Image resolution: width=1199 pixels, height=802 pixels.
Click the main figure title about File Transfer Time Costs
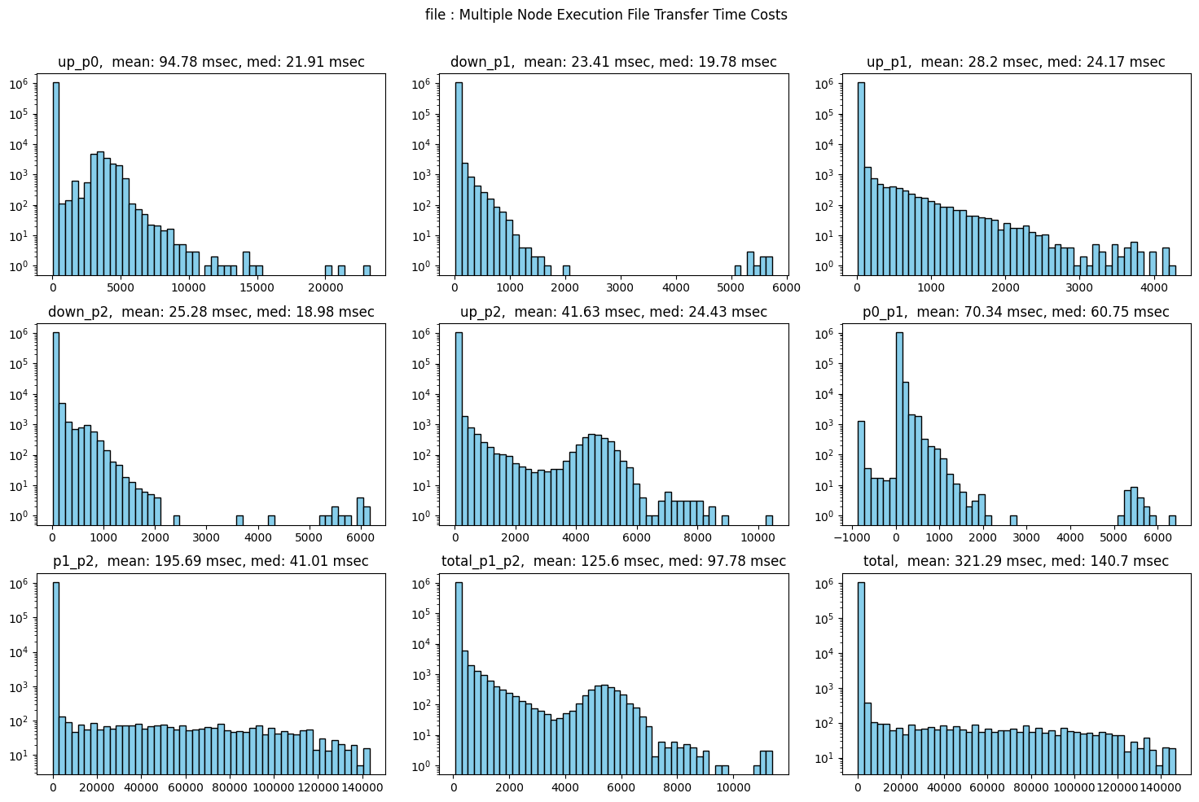point(606,15)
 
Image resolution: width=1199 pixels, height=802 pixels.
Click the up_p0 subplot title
point(211,62)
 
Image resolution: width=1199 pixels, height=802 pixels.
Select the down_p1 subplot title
point(613,62)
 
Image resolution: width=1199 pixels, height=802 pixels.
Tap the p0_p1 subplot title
point(1016,312)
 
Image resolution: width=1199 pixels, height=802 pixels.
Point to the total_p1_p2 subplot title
point(613,561)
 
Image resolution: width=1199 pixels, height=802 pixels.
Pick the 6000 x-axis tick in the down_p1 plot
point(770,287)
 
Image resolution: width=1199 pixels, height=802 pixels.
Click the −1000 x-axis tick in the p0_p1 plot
point(853,537)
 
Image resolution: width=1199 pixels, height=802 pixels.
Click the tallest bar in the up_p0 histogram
point(55,179)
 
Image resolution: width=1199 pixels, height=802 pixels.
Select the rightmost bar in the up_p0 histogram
point(367,270)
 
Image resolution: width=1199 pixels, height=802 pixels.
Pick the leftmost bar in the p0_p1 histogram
point(861,472)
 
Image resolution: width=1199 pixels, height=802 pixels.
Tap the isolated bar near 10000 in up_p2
point(769,520)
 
